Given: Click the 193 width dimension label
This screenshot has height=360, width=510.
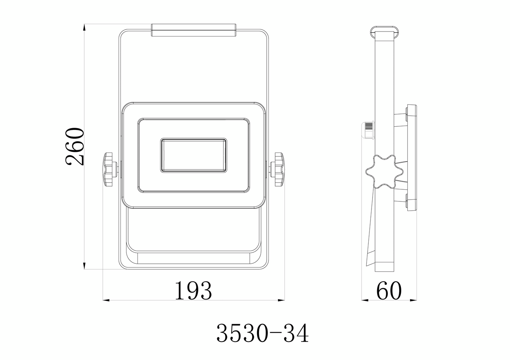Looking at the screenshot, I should click(193, 291).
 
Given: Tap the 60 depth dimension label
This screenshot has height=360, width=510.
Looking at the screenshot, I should click(389, 291).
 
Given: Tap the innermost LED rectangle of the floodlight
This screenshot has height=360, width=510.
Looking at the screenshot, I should click(193, 155).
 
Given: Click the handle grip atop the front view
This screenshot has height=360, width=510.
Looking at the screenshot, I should click(193, 30).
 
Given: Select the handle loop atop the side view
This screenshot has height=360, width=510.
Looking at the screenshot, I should click(384, 32).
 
